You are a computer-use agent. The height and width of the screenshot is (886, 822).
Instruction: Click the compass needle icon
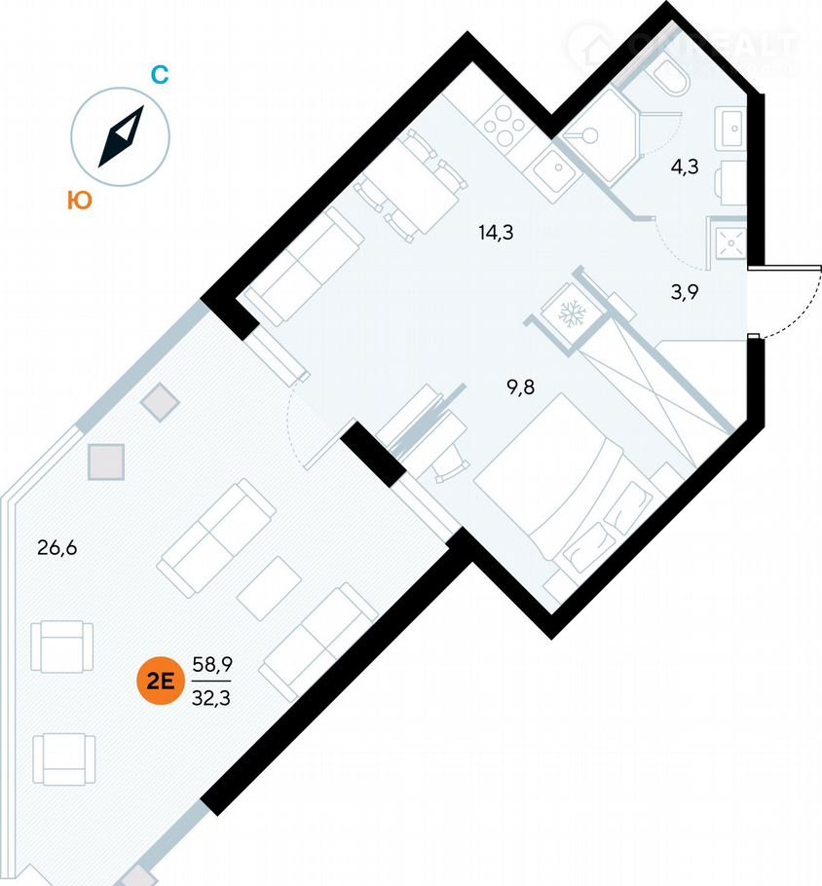click(122, 136)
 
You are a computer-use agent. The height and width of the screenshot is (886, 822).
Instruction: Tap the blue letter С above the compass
click(161, 75)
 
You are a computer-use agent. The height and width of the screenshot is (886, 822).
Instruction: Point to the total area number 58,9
click(212, 664)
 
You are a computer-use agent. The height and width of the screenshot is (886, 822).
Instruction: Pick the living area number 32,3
click(212, 696)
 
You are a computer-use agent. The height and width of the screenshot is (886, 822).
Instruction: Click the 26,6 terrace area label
click(56, 547)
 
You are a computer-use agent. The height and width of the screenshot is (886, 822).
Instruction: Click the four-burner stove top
click(504, 125)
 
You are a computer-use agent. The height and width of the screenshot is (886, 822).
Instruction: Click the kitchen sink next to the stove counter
click(557, 171)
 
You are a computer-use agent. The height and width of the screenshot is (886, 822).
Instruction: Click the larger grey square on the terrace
click(106, 461)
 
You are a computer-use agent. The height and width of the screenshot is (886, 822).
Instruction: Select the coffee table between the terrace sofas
click(269, 587)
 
